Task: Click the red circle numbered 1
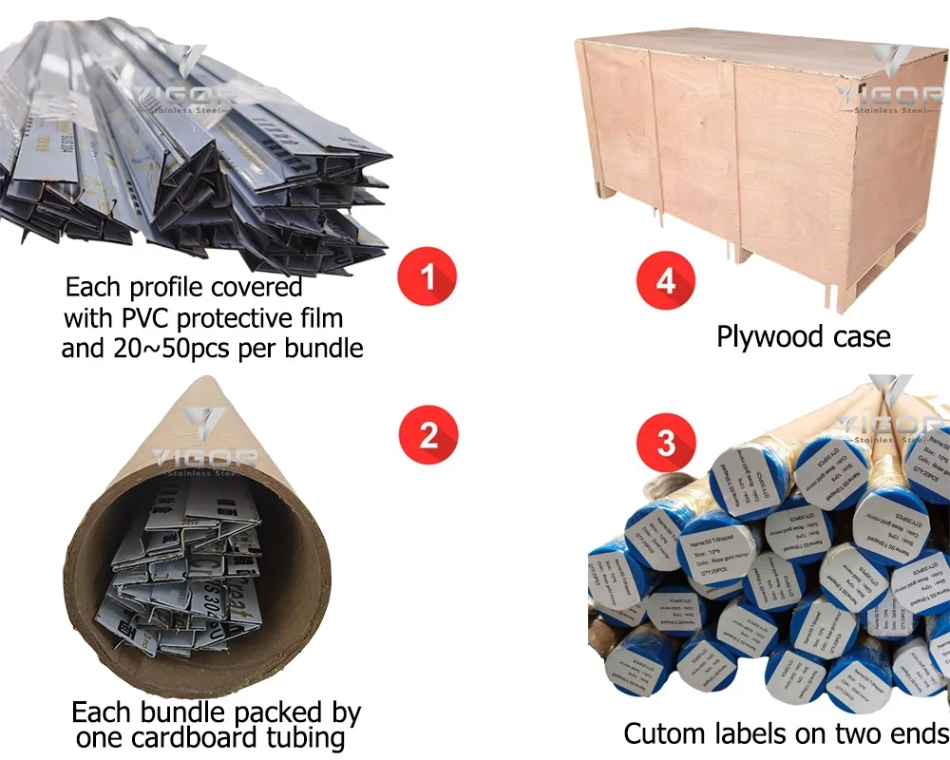[x=427, y=277]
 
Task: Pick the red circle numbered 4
[x=666, y=282]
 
